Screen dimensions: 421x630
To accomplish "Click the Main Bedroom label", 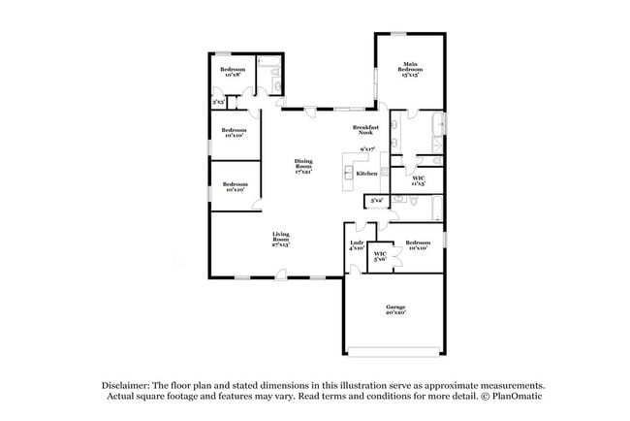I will (410, 68).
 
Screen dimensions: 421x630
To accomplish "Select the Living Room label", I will (281, 235).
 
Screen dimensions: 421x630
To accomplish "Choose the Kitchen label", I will (366, 173).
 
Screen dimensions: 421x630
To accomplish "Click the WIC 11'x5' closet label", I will (418, 180).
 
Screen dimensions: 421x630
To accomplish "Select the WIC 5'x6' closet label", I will (381, 256).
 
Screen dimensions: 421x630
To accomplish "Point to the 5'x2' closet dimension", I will (377, 201).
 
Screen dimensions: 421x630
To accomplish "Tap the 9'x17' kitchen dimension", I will (367, 149).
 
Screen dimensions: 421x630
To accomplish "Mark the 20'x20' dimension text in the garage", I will (395, 313).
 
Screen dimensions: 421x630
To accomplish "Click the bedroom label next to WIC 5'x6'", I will (418, 244).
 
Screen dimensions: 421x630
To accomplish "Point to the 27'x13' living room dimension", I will (281, 245).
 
